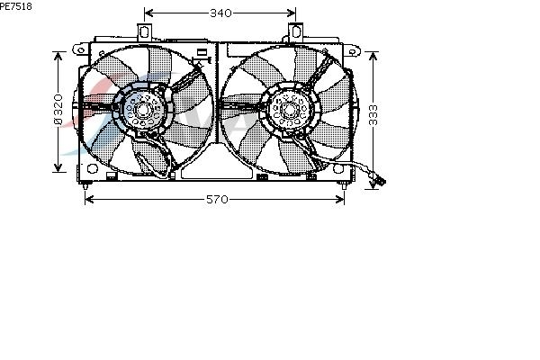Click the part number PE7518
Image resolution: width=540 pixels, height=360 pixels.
coord(16,6)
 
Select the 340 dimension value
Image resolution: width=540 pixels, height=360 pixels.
coord(220,13)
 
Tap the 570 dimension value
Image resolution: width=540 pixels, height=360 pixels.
coord(217,199)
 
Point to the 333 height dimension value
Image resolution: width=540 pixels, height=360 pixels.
coord(373,115)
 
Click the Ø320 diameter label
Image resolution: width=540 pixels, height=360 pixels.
coord(58,109)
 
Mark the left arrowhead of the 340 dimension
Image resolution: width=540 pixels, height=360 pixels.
coord(148,13)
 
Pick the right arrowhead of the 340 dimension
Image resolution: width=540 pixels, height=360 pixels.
coord(291,13)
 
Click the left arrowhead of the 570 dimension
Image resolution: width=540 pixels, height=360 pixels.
coord(89,199)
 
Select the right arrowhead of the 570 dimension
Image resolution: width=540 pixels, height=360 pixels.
coord(339,199)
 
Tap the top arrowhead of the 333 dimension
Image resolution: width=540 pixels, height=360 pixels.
coord(373,56)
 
